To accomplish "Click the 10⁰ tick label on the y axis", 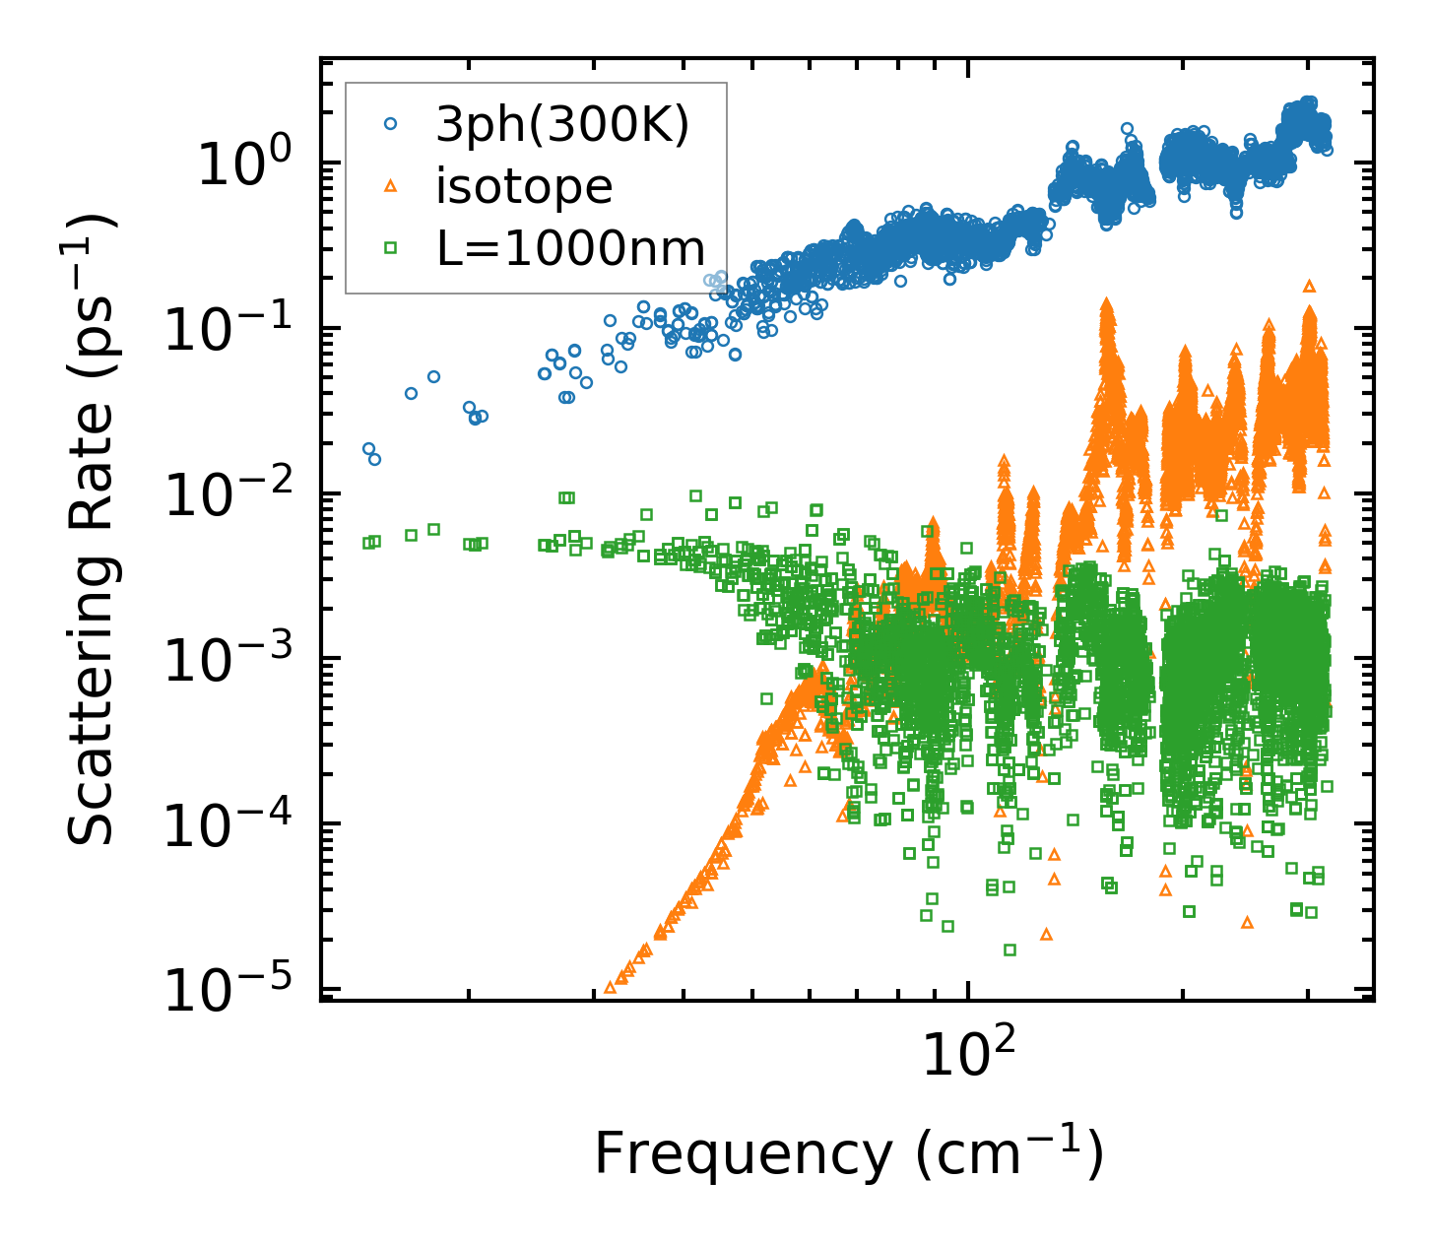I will [x=250, y=164].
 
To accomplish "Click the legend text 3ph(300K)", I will [x=562, y=125].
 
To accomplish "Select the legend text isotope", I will [x=524, y=186].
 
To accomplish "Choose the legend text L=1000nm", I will [x=571, y=248].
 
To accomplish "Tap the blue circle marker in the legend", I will [x=390, y=124].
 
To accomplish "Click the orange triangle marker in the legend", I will [x=390, y=185].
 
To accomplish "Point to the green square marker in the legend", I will [x=390, y=247].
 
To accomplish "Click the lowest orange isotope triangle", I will [x=610, y=986].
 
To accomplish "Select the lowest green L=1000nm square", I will [x=1010, y=950].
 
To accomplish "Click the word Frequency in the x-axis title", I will [x=742, y=1153].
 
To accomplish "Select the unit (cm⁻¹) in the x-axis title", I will [x=1009, y=1153].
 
